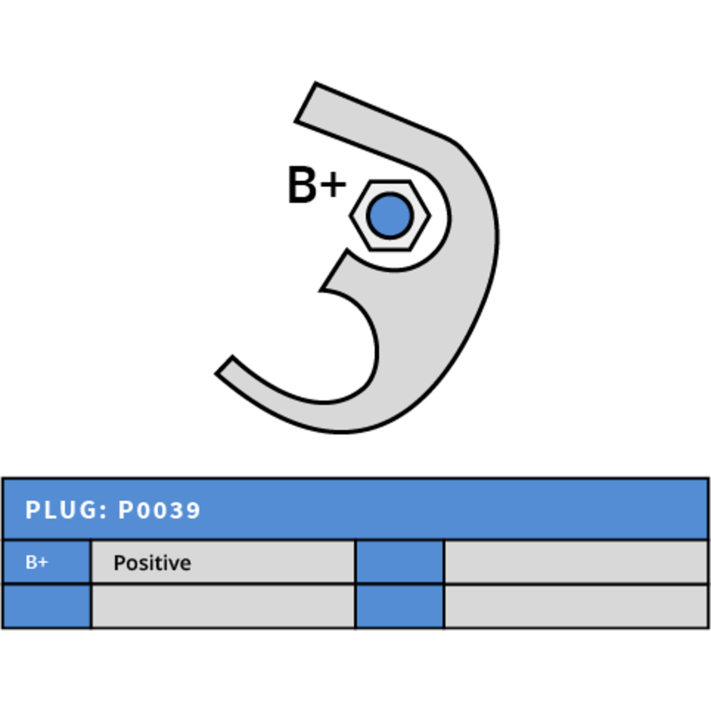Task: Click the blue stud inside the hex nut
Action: pos(390,216)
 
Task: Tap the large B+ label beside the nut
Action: pos(317,185)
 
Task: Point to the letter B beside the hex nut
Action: pos(302,185)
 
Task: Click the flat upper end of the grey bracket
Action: pos(305,102)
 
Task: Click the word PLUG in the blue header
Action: pos(61,510)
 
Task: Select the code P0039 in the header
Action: pos(159,510)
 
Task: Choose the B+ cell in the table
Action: pos(46,562)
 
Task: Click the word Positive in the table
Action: pos(152,563)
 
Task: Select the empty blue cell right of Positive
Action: pos(399,562)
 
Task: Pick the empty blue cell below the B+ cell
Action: pos(46,607)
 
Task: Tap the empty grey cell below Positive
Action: pos(223,607)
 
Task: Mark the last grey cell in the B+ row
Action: pos(576,562)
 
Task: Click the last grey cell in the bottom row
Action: pos(576,607)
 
